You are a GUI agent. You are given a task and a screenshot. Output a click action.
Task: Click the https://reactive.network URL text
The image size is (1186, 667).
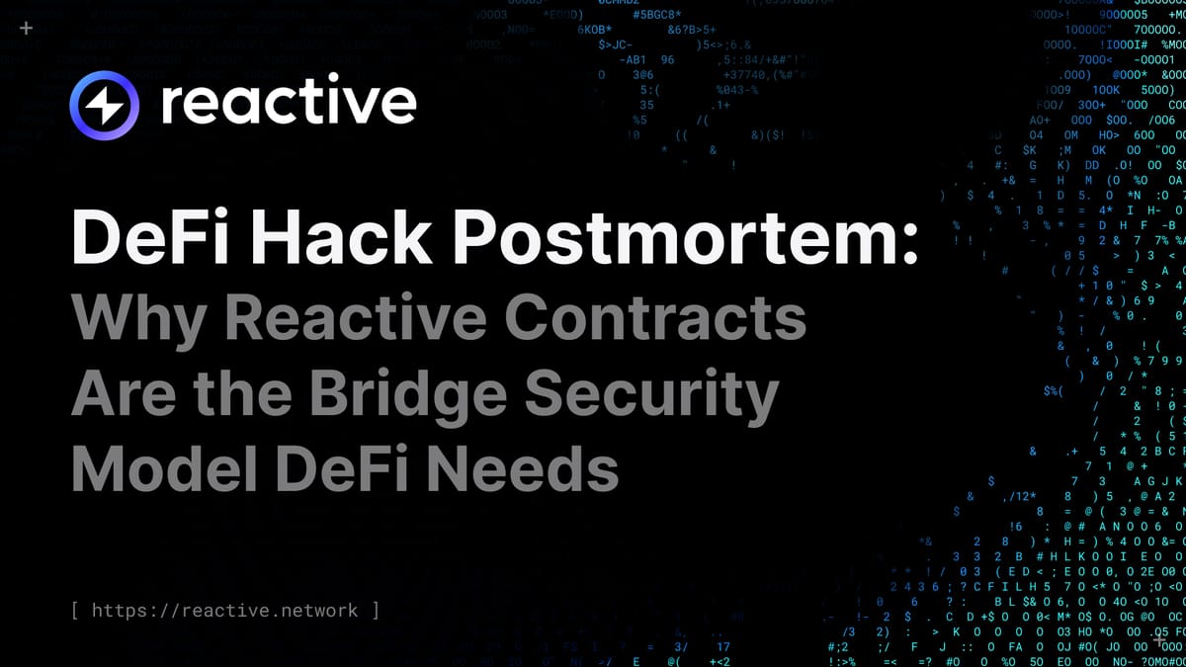(224, 611)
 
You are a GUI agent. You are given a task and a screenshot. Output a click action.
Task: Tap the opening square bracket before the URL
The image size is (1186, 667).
(76, 611)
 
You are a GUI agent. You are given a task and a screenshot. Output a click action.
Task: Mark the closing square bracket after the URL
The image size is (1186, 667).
(375, 611)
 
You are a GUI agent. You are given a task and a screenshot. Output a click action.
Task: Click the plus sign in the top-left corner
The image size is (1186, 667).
(26, 30)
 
